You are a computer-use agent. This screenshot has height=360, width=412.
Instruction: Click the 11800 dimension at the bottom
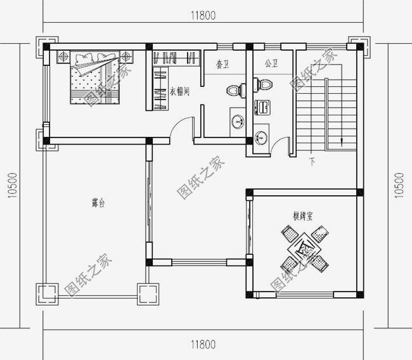[x=202, y=345]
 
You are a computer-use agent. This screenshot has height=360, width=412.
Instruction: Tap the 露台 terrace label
[x=98, y=204]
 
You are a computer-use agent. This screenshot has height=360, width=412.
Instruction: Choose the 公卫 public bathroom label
[x=271, y=65]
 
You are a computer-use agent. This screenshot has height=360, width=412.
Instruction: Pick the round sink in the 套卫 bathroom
[x=238, y=120]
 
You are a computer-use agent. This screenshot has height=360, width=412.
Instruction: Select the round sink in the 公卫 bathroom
[x=262, y=136]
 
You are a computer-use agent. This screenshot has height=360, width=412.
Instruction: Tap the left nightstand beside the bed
[x=63, y=57]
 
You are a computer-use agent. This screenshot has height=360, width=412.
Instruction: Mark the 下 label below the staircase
[x=312, y=162]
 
